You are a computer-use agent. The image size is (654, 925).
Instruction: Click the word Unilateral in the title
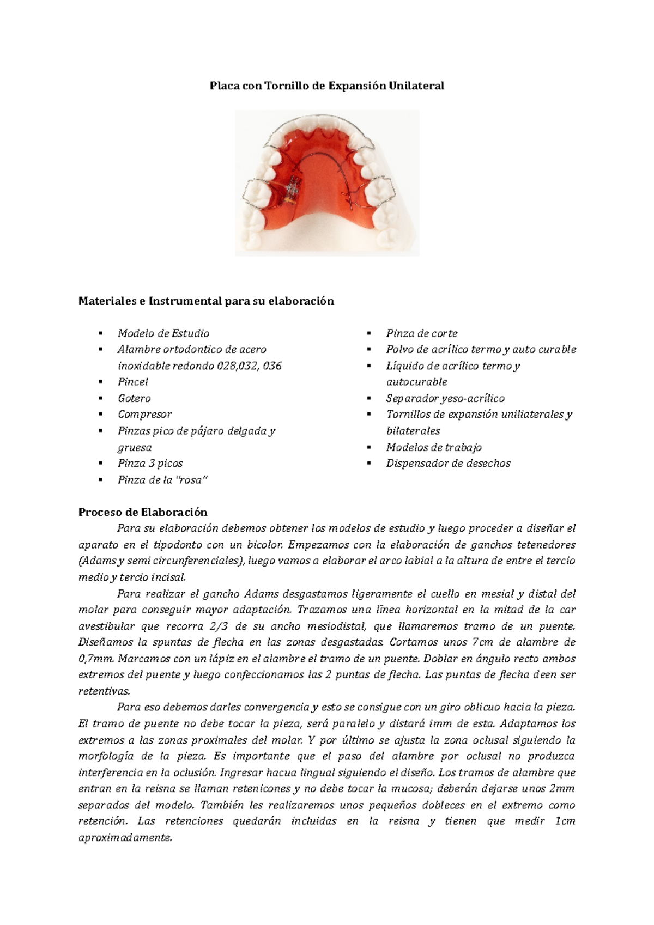[x=416, y=86]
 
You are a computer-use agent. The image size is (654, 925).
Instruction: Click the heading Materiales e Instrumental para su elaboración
[x=206, y=301]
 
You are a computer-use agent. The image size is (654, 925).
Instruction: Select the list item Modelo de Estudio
[x=163, y=333]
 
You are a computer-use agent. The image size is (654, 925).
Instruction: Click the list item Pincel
[x=133, y=382]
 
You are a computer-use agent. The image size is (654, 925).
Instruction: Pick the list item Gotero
[x=134, y=398]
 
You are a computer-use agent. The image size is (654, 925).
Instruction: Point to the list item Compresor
[x=144, y=414]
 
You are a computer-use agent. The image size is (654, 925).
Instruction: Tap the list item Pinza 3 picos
[x=150, y=463]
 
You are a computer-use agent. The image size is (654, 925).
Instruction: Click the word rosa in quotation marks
[x=196, y=480]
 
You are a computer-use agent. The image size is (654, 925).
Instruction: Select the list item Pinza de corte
[x=422, y=333]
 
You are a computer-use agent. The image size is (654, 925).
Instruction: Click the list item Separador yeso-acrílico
[x=445, y=398]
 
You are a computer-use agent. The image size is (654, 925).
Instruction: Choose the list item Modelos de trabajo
[x=434, y=447]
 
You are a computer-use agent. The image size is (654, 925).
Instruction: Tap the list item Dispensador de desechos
[x=449, y=463]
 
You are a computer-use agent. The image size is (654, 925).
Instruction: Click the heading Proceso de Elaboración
[x=143, y=512]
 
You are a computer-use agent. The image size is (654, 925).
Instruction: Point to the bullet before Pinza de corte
[x=369, y=333]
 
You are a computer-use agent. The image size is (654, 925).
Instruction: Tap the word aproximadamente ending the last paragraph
[x=125, y=838]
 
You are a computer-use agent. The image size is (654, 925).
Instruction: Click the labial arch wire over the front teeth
[x=327, y=115]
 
